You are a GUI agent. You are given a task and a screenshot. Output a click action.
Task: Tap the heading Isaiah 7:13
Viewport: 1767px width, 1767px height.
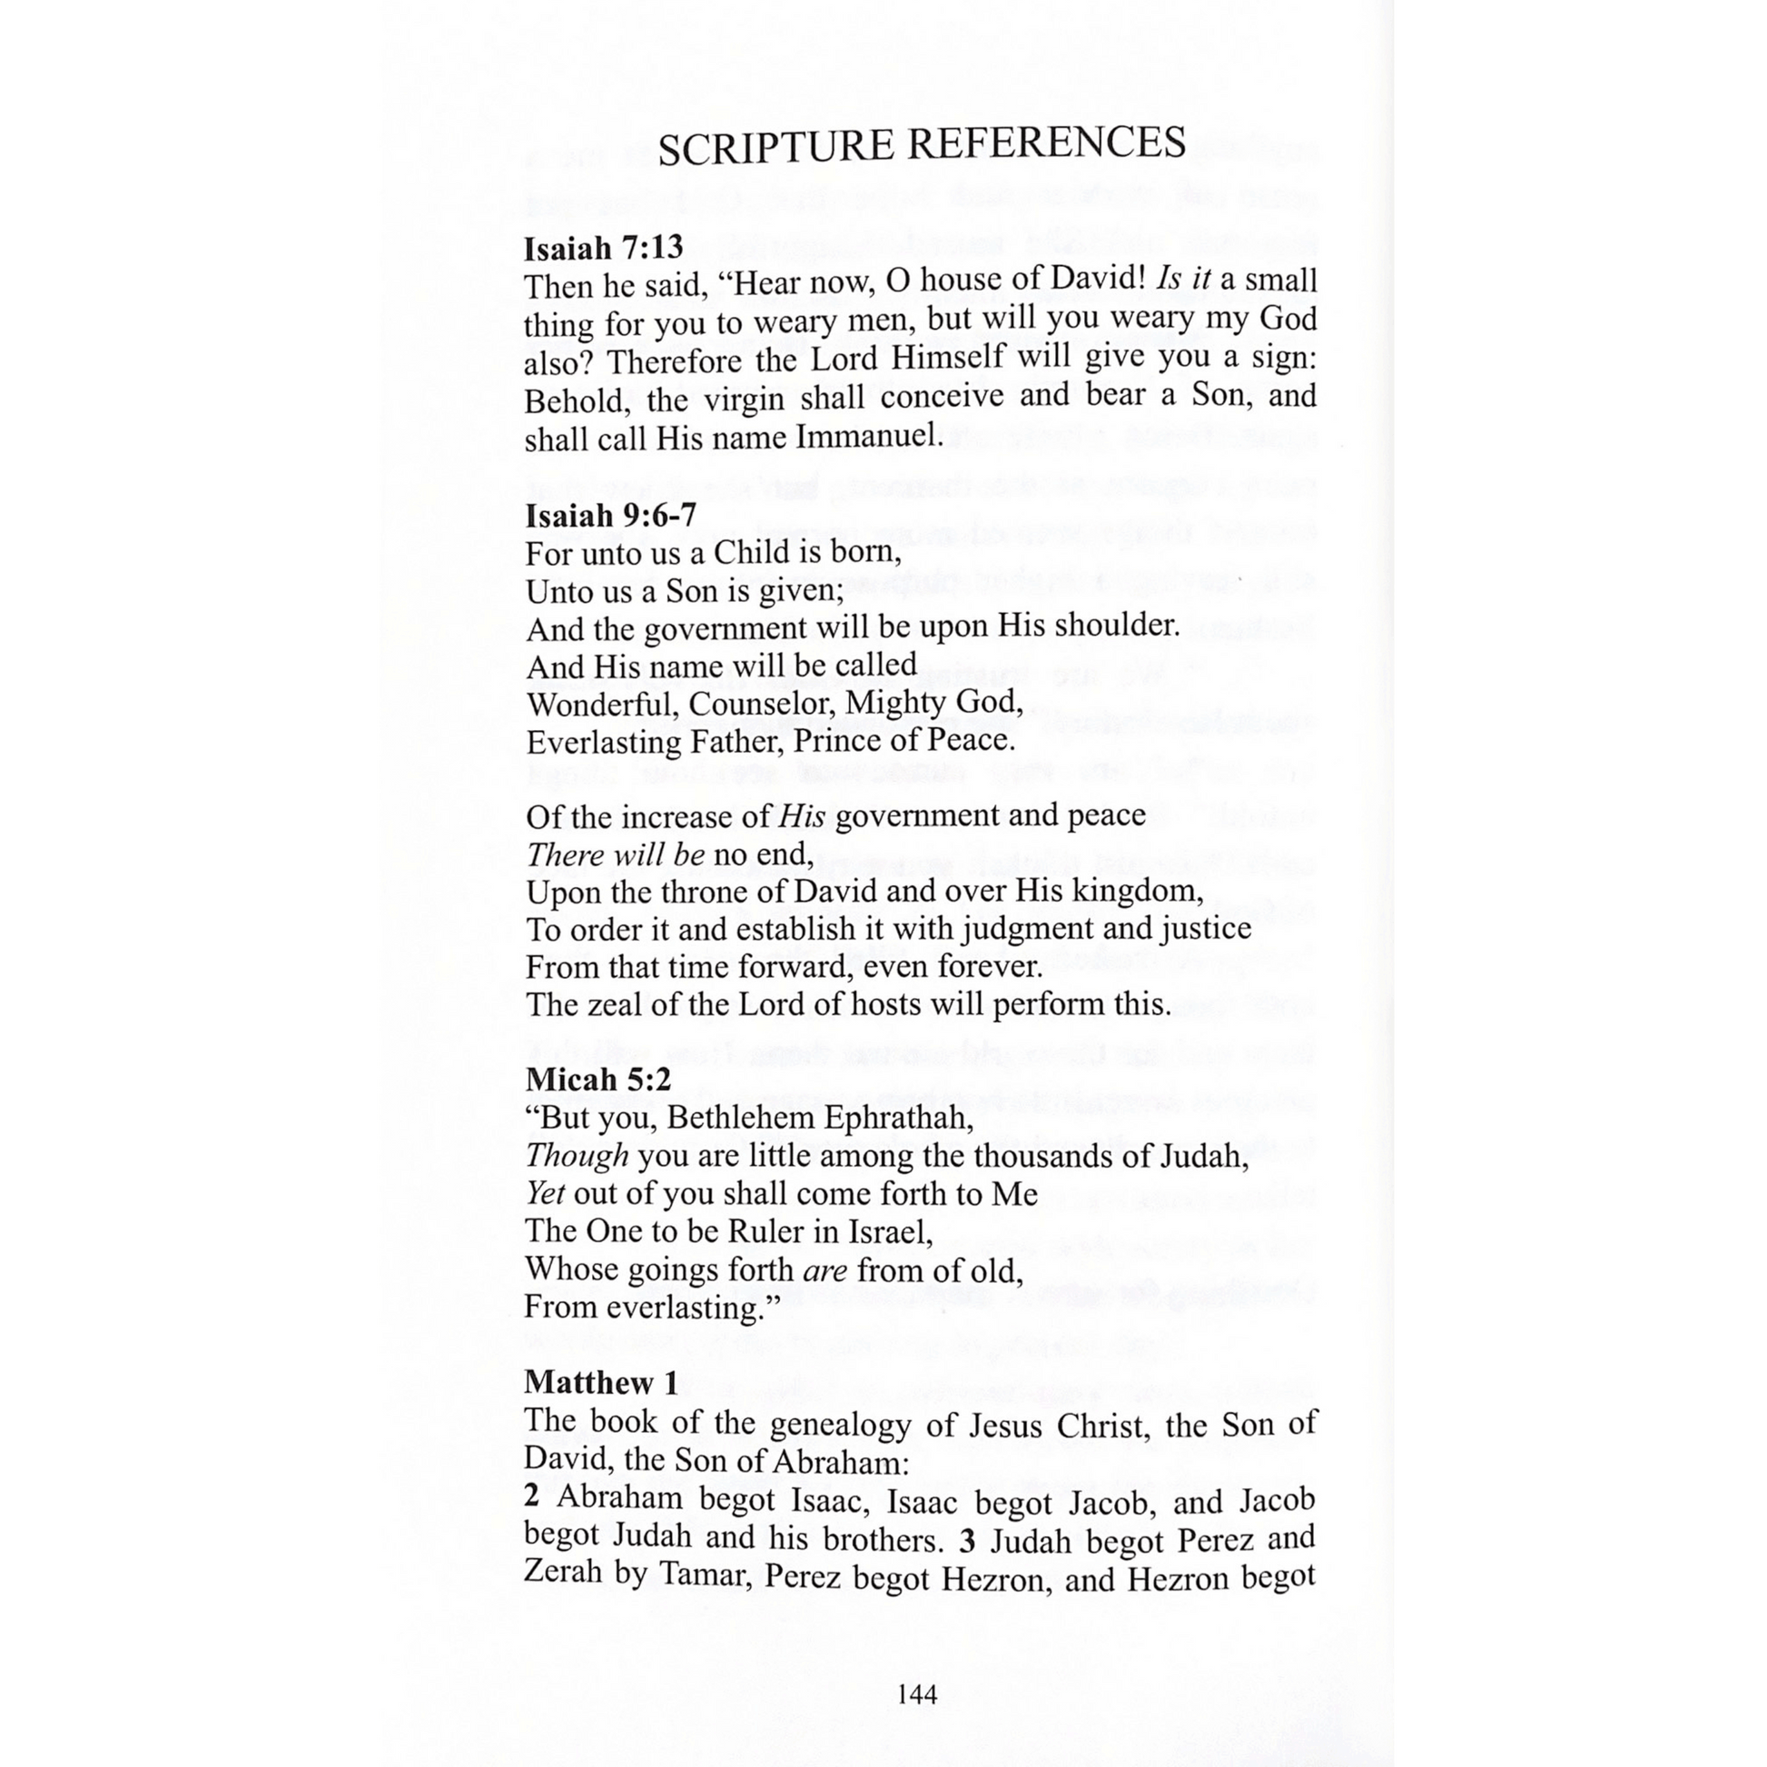click(x=604, y=248)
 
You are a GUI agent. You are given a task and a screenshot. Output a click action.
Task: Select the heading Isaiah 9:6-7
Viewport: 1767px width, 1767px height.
click(x=610, y=516)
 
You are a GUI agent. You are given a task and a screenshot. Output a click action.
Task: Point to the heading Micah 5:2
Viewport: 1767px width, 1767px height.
click(x=598, y=1080)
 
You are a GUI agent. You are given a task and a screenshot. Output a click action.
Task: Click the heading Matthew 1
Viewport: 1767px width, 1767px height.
click(x=601, y=1382)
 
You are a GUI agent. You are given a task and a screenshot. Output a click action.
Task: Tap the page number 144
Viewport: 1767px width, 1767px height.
click(x=916, y=1693)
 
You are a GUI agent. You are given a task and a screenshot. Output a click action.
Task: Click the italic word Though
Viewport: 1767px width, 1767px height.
click(x=577, y=1155)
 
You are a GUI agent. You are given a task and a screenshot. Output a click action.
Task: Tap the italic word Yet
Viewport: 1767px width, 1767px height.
click(x=545, y=1193)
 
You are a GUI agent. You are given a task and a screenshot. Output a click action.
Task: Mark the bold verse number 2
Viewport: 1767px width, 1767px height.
click(x=532, y=1497)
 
